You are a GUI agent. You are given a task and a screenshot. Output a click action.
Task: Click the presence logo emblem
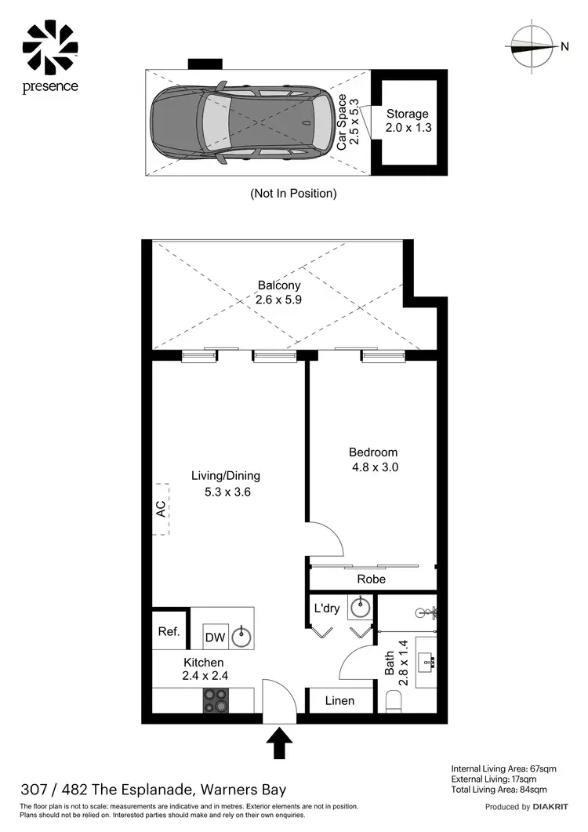coord(50,45)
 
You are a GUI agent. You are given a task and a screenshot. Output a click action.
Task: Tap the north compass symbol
coord(531,46)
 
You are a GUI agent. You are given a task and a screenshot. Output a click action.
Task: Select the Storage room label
coord(408,114)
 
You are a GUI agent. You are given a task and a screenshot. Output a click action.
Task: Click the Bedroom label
coord(373,452)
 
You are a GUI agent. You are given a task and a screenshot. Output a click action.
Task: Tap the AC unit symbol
coord(162,509)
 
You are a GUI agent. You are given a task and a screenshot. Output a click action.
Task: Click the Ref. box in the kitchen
coord(169,631)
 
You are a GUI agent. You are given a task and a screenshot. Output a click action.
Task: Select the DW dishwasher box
coord(216,638)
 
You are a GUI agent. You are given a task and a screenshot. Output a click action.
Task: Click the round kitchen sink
coord(241,637)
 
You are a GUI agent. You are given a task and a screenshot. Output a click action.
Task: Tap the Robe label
coord(372,579)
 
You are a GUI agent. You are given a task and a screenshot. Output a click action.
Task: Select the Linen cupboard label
coord(339,700)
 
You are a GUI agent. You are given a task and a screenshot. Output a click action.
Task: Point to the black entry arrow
coord(280,743)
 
